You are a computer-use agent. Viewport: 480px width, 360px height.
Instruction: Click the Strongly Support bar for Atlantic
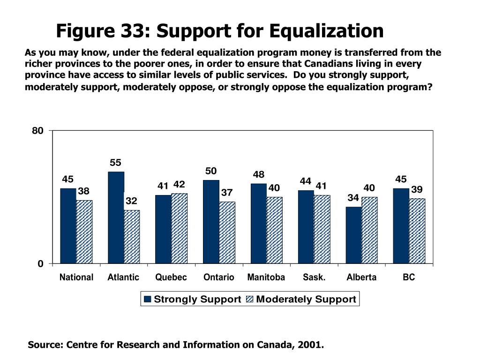point(116,217)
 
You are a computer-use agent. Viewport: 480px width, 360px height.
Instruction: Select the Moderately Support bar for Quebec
point(179,228)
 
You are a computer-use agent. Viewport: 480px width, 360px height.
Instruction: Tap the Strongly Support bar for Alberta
point(353,235)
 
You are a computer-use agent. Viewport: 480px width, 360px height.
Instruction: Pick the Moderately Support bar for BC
point(417,231)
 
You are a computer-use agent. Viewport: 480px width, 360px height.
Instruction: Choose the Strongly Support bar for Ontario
point(211,222)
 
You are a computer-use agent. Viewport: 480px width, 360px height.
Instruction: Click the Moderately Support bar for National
point(84,232)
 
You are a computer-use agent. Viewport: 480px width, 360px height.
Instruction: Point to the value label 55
point(116,163)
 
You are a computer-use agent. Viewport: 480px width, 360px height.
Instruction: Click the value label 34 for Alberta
point(353,198)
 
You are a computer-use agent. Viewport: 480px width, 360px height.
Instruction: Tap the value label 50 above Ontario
point(211,171)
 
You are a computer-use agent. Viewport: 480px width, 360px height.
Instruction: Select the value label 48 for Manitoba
point(259,174)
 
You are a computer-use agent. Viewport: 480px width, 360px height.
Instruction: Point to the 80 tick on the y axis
point(37,131)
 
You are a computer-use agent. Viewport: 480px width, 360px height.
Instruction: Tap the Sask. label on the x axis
point(314,277)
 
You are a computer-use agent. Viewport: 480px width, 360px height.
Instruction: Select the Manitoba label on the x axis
point(266,277)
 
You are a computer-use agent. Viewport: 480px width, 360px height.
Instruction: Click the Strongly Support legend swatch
point(148,300)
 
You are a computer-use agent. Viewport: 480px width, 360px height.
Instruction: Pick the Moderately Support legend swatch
point(250,300)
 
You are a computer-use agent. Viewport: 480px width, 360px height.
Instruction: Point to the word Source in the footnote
point(45,345)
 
